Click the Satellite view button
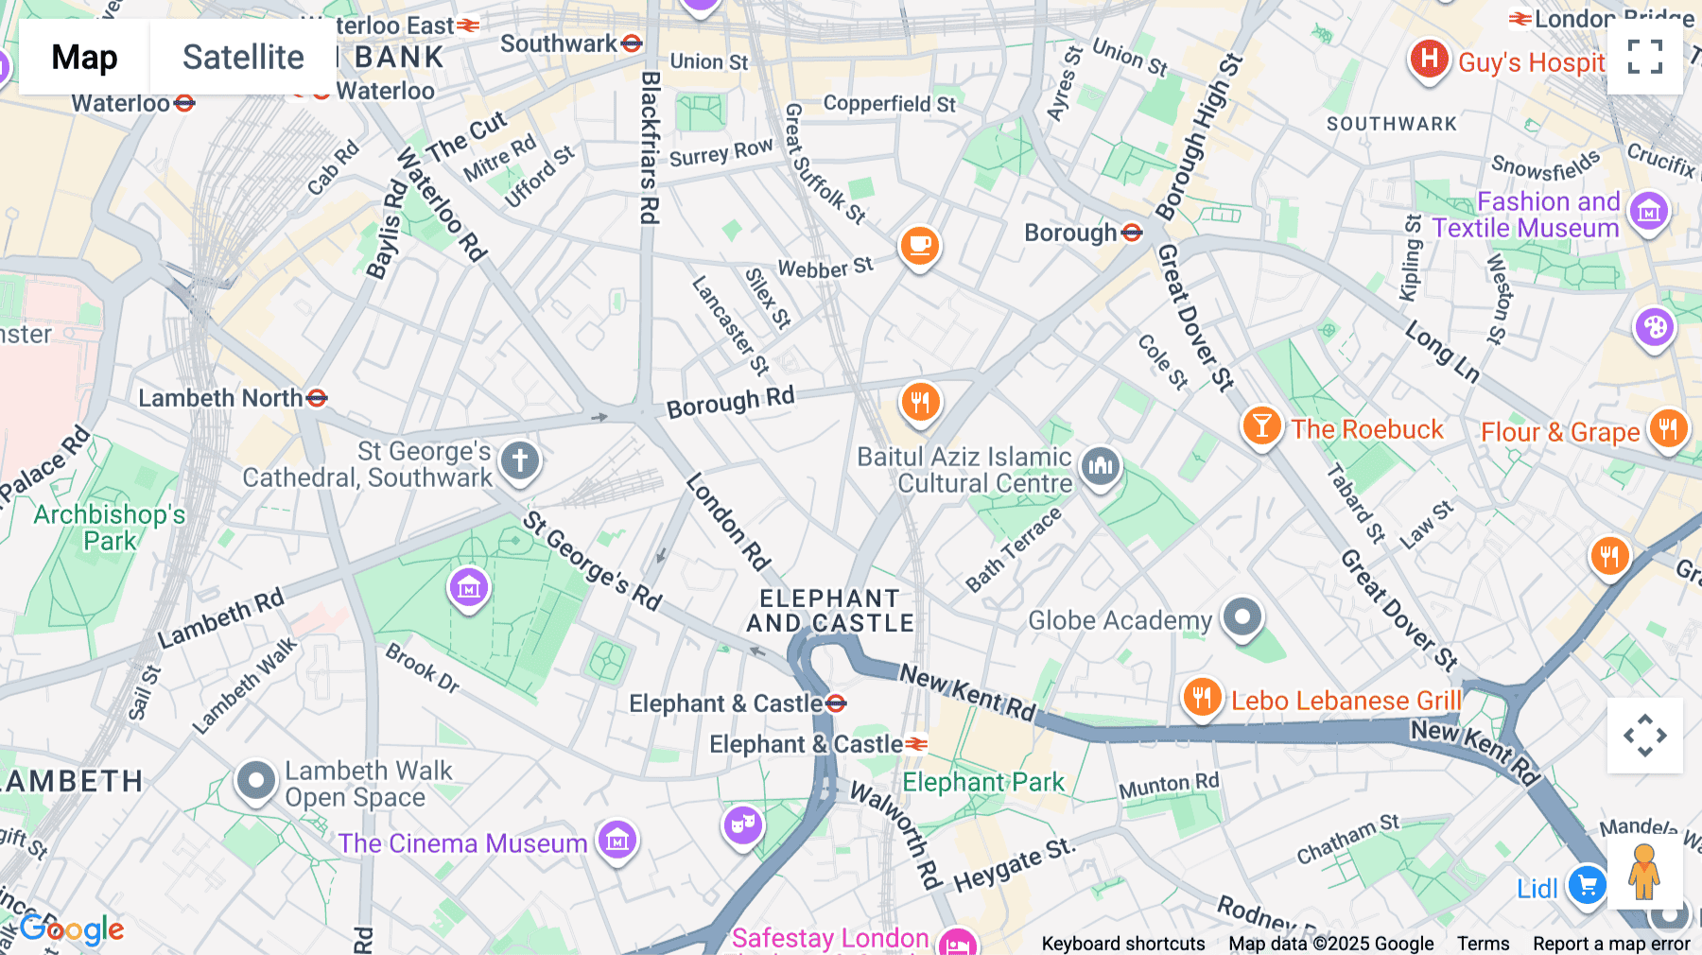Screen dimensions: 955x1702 pos(243,57)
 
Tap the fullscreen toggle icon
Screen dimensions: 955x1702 pos(1644,57)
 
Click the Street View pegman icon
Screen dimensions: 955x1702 pos(1643,872)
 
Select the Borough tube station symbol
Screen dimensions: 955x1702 pos(1132,233)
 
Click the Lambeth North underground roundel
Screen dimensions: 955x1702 pos(317,398)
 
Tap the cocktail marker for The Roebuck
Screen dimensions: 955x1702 pos(1261,425)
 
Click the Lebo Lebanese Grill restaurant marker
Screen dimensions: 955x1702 pos(1202,698)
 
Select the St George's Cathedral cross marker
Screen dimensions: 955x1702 pos(519,460)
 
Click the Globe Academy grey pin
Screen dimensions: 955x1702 pos(1242,617)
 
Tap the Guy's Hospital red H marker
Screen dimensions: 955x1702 pos(1429,59)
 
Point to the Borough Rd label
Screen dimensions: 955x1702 pos(730,402)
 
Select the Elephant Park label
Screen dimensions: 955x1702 pos(982,782)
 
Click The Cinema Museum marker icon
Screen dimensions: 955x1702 pos(617,839)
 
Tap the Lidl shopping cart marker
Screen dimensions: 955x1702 pos(1587,886)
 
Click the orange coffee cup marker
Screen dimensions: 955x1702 pos(919,246)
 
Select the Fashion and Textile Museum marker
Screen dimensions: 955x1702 pos(1649,212)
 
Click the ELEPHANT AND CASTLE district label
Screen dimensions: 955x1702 pos(830,611)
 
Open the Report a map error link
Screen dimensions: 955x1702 pos(1611,944)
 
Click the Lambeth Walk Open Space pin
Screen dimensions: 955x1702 pos(255,781)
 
